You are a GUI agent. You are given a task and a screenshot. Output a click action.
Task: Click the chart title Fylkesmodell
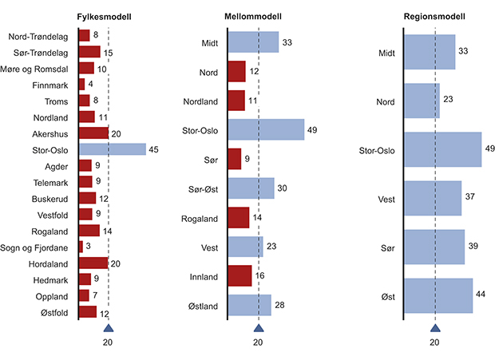point(104,17)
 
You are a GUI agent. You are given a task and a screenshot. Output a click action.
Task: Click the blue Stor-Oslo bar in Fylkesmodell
point(113,149)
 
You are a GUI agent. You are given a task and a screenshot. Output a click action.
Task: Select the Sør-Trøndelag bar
point(89,52)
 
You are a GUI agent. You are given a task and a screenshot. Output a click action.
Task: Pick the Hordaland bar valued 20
point(93,263)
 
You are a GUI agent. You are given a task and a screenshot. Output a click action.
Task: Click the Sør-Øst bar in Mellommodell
point(251,188)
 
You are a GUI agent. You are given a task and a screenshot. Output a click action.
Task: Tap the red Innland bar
point(240,275)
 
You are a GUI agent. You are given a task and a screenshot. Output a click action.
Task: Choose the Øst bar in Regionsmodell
point(438,295)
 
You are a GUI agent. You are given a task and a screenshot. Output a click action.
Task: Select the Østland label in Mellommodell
point(204,305)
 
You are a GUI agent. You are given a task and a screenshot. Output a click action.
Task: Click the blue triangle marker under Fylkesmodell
point(109,328)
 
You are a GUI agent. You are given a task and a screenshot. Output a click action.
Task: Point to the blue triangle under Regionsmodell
point(434,328)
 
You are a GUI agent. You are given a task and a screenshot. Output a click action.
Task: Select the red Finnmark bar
point(81,85)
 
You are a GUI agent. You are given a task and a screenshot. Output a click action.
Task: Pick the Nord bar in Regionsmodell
point(422,101)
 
